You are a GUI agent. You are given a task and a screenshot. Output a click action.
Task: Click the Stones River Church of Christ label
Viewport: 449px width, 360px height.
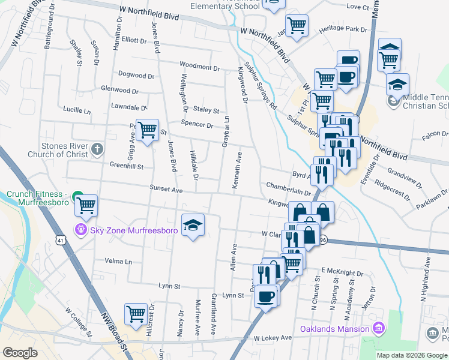coord(58,150)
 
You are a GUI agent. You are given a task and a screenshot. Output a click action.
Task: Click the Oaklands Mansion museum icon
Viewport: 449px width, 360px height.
coord(378,328)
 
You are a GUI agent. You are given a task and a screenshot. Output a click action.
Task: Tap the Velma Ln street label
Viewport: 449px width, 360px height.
coord(118,262)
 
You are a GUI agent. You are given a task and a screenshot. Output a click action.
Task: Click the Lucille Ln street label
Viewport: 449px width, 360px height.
coord(76,111)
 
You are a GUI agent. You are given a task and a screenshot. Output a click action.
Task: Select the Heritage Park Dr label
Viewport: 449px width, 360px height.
coord(343,29)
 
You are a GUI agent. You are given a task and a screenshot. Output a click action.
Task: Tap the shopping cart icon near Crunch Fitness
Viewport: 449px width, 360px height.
coord(86,205)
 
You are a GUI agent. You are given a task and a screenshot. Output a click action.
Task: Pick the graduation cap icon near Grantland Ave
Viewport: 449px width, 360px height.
coord(193,224)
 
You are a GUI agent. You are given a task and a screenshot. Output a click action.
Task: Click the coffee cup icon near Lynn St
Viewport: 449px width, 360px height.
coord(266,295)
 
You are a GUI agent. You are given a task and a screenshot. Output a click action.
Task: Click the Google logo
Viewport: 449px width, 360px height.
coord(20,353)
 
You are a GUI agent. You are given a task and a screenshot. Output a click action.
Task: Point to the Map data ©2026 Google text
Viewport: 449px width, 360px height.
coord(411,355)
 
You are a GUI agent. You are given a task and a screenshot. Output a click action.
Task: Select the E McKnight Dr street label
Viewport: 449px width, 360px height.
coord(342,271)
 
